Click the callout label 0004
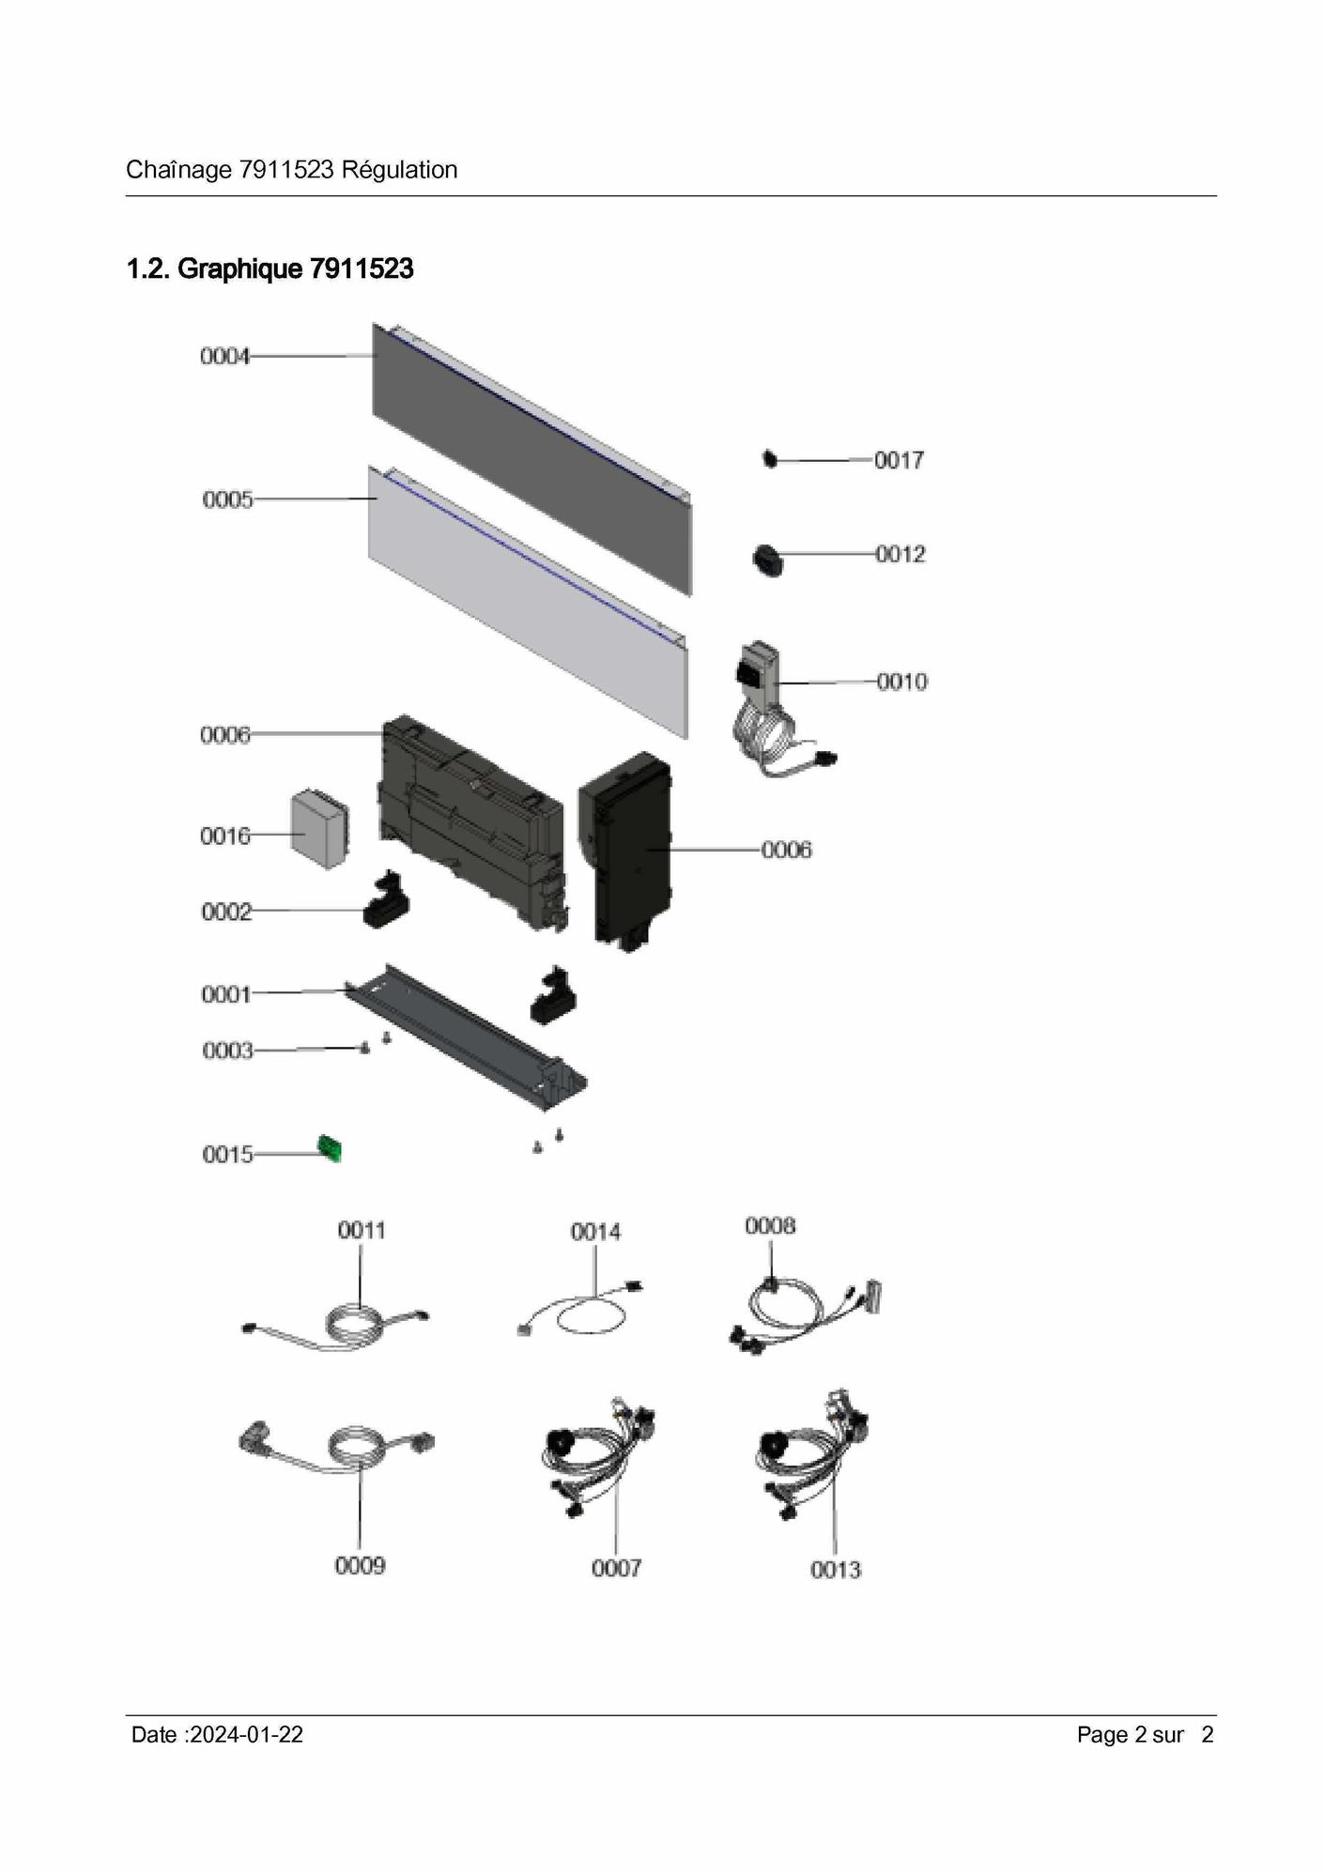pyautogui.click(x=224, y=357)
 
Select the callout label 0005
pyautogui.click(x=227, y=499)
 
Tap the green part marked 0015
pyautogui.click(x=330, y=1147)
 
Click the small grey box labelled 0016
pyautogui.click(x=319, y=827)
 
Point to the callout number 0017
pyautogui.click(x=899, y=460)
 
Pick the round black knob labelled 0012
pyautogui.click(x=768, y=560)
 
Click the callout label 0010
pyautogui.click(x=901, y=682)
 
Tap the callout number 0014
pyautogui.click(x=595, y=1232)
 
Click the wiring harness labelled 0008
pyautogui.click(x=804, y=1310)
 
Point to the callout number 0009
pyautogui.click(x=360, y=1565)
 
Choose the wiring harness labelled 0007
pyautogui.click(x=598, y=1460)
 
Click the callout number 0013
pyautogui.click(x=835, y=1569)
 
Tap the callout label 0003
pyautogui.click(x=227, y=1051)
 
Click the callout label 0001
pyautogui.click(x=226, y=994)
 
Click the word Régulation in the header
pyautogui.click(x=399, y=170)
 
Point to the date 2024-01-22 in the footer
pyautogui.click(x=246, y=1735)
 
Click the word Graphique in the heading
pyautogui.click(x=240, y=269)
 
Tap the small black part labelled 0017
pyautogui.click(x=770, y=459)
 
